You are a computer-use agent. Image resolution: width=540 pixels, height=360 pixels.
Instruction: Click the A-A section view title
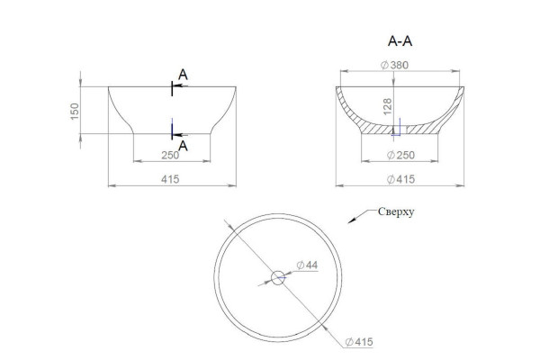pos(400,41)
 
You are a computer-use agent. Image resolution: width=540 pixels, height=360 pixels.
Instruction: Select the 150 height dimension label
pos(75,112)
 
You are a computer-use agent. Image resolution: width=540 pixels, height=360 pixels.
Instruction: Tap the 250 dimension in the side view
pos(170,155)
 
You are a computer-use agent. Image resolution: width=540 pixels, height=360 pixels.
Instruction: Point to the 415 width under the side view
pos(170,179)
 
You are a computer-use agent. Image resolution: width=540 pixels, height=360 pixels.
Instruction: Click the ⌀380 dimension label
pos(394,65)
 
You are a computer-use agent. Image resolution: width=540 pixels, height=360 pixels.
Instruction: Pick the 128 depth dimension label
pos(387,107)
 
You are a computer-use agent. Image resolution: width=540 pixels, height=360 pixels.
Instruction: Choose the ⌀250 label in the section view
pos(400,155)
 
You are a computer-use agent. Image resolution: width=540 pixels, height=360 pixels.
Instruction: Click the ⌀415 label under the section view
pos(400,179)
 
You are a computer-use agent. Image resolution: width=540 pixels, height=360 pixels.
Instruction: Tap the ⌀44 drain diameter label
pos(307,265)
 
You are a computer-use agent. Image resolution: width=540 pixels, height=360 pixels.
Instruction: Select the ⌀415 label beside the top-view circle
pos(359,342)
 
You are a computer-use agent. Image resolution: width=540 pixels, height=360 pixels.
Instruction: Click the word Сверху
pos(396,211)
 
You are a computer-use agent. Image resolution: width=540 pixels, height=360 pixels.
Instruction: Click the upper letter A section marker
pos(183,75)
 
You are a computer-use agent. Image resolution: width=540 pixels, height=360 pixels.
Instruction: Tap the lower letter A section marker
pos(183,146)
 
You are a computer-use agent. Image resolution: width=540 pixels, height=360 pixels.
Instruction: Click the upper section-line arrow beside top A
pos(180,85)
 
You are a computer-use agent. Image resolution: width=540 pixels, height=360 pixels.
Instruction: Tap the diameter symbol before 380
pos(384,65)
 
